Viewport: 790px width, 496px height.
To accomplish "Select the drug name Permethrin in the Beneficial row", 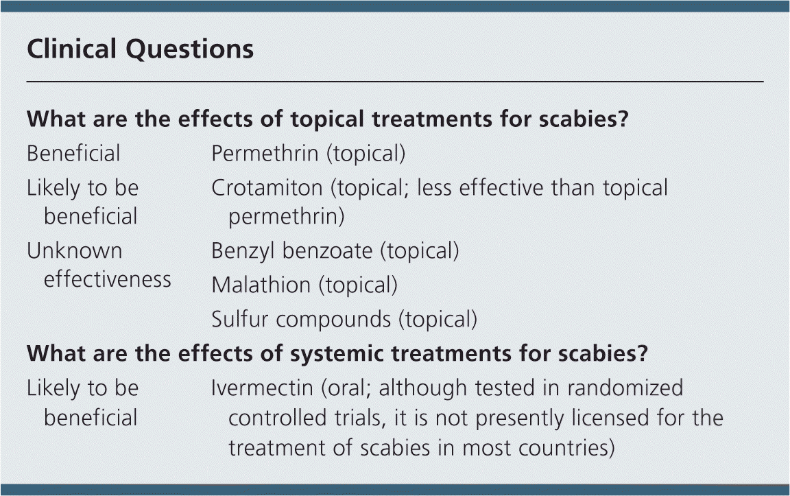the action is pyautogui.click(x=265, y=153).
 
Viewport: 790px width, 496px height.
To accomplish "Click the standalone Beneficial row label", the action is pyautogui.click(x=73, y=153).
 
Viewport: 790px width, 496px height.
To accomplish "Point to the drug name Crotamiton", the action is pyautogui.click(x=267, y=187).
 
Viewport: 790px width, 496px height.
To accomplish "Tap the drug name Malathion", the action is pyautogui.click(x=261, y=285).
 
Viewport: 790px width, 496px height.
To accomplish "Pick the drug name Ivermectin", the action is pyautogui.click(x=262, y=388).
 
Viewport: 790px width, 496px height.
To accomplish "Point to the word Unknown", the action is pyautogui.click(x=75, y=250).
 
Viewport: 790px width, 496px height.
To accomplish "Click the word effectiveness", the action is pyautogui.click(x=107, y=279).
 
